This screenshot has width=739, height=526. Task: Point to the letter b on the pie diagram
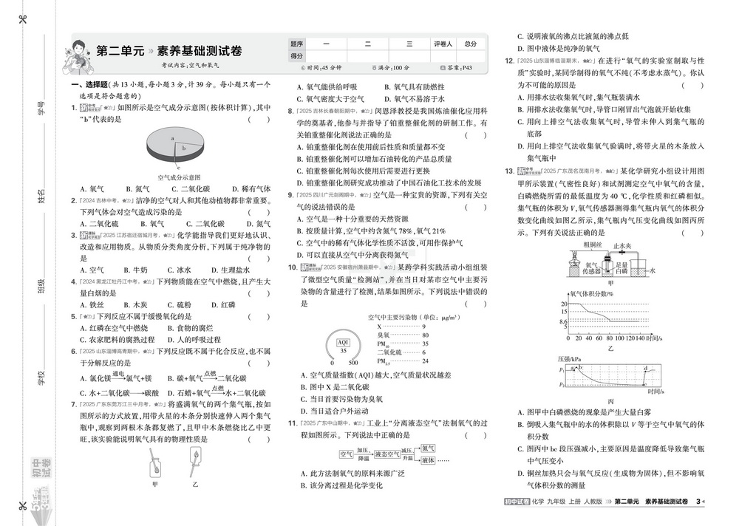click(184, 148)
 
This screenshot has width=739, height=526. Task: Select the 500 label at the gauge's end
click(353, 363)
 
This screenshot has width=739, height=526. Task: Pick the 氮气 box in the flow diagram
click(429, 448)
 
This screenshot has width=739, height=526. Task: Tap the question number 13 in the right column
click(509, 171)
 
